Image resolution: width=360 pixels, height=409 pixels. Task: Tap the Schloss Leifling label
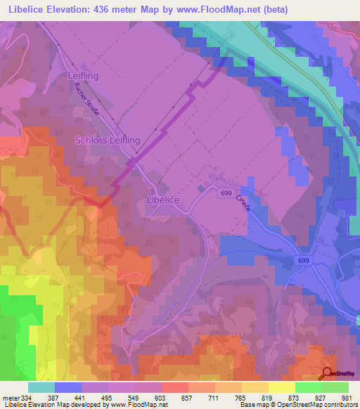pos(108,141)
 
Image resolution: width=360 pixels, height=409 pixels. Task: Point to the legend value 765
pos(241,398)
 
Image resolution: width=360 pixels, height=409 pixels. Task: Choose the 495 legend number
pos(108,398)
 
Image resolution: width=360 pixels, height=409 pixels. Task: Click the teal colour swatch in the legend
pos(41,387)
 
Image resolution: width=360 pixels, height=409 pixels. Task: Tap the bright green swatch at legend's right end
pos(335,387)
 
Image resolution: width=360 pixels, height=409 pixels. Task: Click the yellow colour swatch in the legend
pos(281,387)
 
